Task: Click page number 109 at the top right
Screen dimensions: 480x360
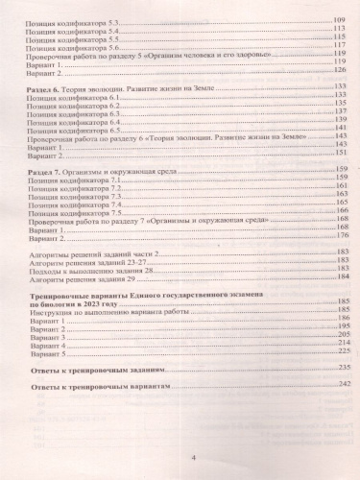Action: pyautogui.click(x=338, y=18)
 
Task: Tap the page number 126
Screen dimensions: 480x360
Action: pyautogui.click(x=339, y=70)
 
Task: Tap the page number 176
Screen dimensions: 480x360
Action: pyautogui.click(x=339, y=236)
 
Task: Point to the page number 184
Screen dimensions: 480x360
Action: pyautogui.click(x=339, y=278)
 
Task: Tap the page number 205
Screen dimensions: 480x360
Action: pyautogui.click(x=339, y=334)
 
